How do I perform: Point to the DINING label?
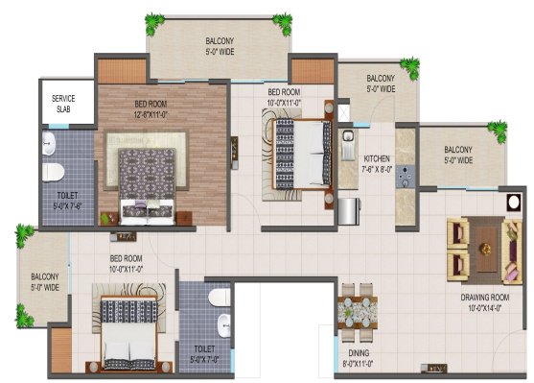point(358,353)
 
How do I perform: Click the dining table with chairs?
point(359,310)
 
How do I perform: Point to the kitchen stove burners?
point(406,179)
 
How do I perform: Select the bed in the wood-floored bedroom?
point(147,182)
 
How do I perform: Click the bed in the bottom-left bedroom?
point(129,332)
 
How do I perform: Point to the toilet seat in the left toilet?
point(55,172)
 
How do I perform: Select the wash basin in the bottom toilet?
point(223,323)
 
